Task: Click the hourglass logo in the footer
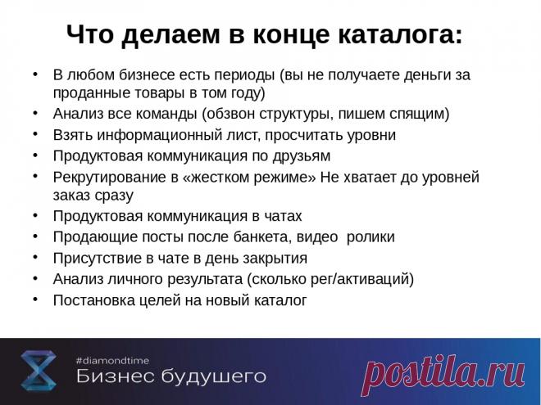click(39, 371)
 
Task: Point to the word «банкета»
click(282, 237)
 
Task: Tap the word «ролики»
click(371, 237)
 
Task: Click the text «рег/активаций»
click(361, 280)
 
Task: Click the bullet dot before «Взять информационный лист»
click(34, 133)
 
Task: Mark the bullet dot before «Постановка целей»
click(34, 299)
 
